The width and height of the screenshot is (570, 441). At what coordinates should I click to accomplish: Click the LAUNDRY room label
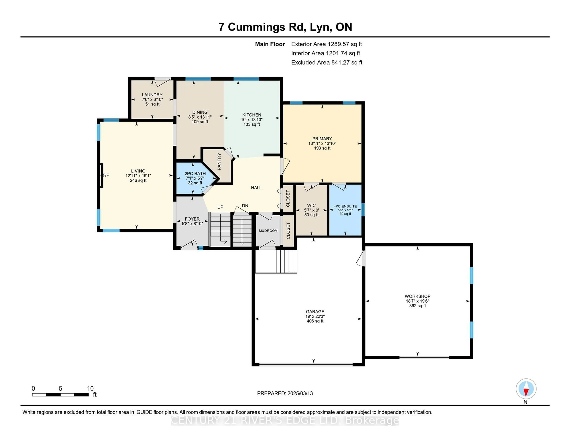coord(152,95)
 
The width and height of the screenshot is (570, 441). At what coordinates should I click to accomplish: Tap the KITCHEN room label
coord(252,115)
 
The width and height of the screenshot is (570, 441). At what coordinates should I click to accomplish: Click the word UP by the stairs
coord(220,207)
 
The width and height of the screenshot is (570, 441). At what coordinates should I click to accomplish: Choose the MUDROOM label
coord(268,231)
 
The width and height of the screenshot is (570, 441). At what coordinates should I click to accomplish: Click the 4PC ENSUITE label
coord(345,206)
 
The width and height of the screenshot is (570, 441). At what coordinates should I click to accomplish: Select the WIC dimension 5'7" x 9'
coord(311,210)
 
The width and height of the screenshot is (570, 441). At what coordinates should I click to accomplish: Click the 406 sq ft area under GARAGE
coord(315,321)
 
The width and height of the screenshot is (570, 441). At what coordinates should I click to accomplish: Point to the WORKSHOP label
coord(417,296)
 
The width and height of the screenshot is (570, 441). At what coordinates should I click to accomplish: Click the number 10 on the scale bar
coord(90,389)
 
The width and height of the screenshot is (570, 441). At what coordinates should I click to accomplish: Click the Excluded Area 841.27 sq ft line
coord(327,62)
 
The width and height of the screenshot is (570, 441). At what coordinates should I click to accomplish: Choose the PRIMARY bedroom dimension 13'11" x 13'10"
coord(322,143)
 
